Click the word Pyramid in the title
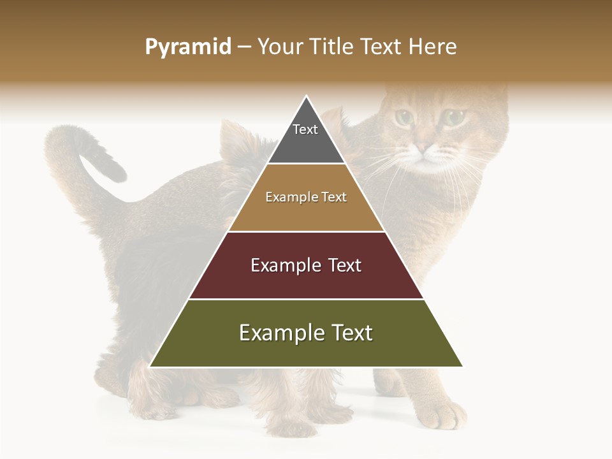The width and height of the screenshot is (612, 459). point(187,47)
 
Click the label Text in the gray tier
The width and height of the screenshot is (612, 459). point(305,129)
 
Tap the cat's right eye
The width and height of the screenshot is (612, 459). point(453,117)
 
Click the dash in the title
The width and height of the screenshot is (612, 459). point(244,47)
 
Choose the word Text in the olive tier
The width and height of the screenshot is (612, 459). point(351,333)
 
